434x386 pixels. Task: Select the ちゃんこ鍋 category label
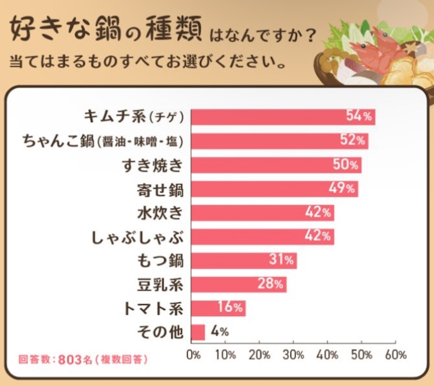coord(103,141)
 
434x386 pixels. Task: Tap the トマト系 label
coord(154,308)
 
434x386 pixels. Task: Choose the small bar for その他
coord(198,332)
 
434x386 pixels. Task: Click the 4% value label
coord(219,332)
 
